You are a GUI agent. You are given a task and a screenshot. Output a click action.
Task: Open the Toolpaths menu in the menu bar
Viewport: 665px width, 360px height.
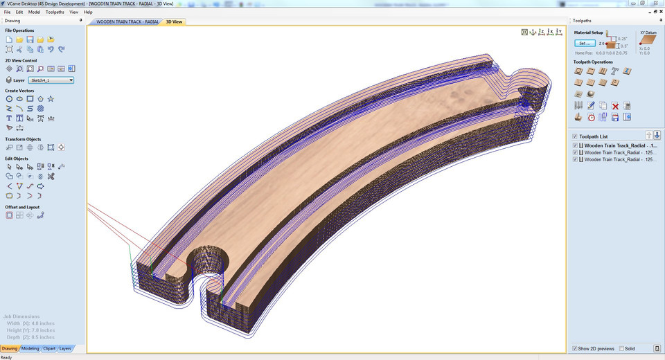coord(55,12)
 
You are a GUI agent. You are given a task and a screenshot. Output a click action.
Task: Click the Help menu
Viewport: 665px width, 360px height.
coord(88,12)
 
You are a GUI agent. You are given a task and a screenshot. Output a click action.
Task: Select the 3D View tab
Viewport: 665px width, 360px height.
coord(174,21)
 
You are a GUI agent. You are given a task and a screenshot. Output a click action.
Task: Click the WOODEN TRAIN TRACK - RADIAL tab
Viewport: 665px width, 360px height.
coord(127,21)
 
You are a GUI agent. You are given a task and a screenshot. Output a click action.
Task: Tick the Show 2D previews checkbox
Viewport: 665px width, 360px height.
coord(575,348)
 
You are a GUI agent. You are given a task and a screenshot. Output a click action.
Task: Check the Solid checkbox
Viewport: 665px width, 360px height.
coord(621,348)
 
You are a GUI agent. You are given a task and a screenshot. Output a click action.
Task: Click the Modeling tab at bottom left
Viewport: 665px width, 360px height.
coord(30,348)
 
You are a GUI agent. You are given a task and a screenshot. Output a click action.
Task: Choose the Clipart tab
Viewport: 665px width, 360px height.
coord(49,348)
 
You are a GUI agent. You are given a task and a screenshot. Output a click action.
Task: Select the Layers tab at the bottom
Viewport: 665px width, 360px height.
coord(65,348)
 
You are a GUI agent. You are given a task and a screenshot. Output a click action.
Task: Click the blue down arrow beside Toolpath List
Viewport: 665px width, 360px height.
coord(657,136)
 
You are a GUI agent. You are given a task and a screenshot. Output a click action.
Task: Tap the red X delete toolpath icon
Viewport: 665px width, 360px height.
coord(615,106)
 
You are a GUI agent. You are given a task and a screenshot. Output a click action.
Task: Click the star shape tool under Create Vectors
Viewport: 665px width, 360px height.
coord(51,99)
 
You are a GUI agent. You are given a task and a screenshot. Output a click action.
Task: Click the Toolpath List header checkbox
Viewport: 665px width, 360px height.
coord(575,136)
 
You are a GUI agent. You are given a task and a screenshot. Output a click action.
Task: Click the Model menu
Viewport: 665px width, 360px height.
coord(34,12)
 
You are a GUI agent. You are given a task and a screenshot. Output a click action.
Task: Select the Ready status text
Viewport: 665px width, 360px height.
coord(6,357)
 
